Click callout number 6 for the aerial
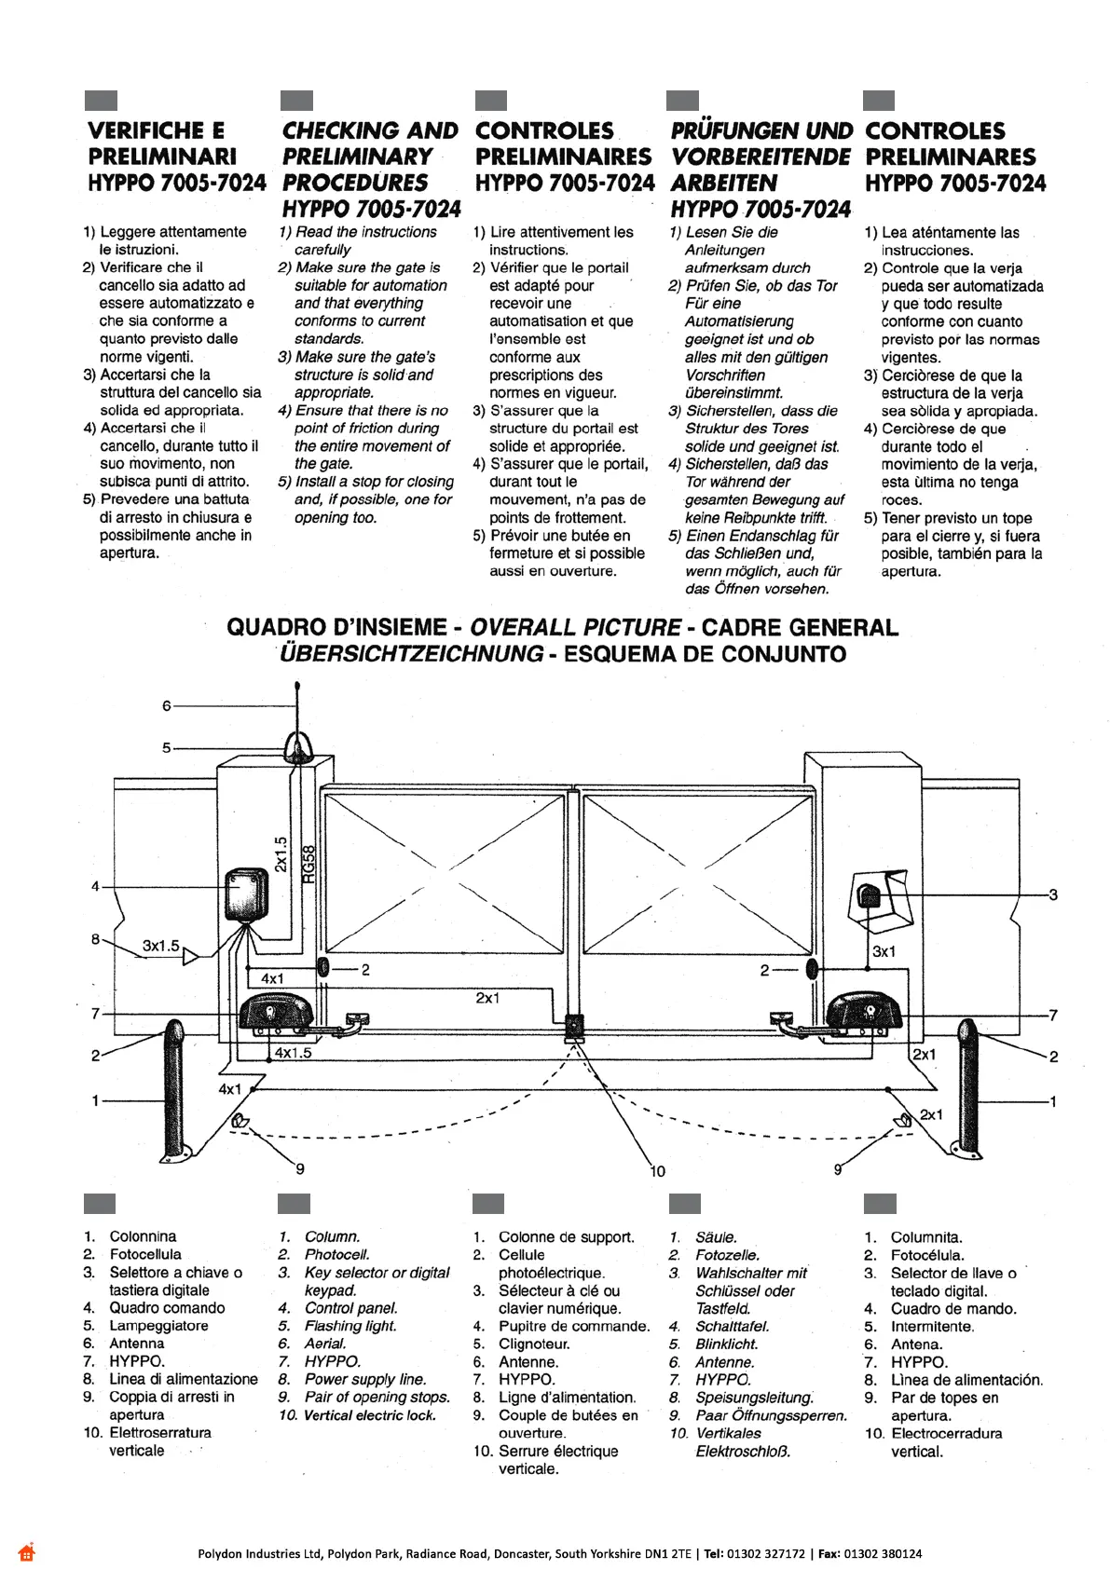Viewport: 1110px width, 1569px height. [x=167, y=706]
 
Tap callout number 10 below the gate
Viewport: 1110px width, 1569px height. [x=657, y=1171]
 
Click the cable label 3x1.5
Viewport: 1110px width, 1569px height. [x=160, y=946]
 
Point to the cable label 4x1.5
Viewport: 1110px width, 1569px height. [x=293, y=1053]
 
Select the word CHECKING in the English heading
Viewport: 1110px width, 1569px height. [x=341, y=130]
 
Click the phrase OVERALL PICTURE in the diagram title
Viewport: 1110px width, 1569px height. [x=575, y=627]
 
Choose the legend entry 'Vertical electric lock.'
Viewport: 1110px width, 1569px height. [x=370, y=1415]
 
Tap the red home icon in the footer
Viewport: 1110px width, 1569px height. [x=26, y=1552]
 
